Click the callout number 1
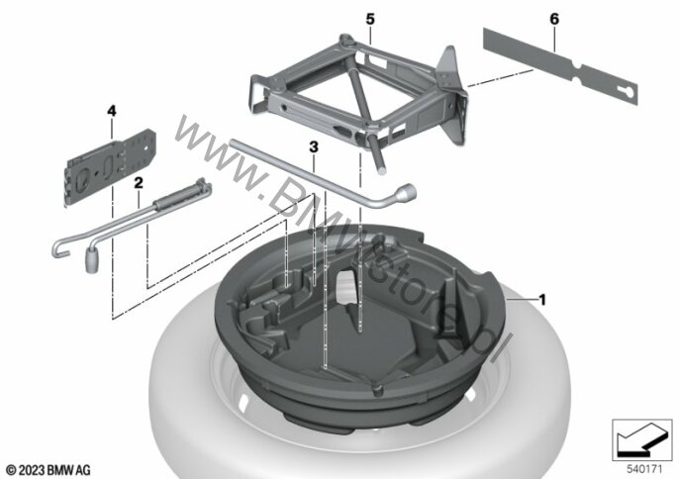pyautogui.click(x=542, y=299)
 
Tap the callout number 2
pyautogui.click(x=139, y=183)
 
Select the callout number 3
pyautogui.click(x=314, y=147)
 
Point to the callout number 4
pyautogui.click(x=112, y=111)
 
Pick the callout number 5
pyautogui.click(x=370, y=19)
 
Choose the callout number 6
pyautogui.click(x=554, y=19)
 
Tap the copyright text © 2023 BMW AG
pyautogui.click(x=48, y=470)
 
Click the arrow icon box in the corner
pyautogui.click(x=642, y=440)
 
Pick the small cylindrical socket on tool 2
pyautogui.click(x=92, y=260)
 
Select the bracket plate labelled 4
pyautogui.click(x=111, y=166)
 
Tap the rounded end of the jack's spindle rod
pyautogui.click(x=381, y=170)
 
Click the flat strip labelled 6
pyautogui.click(x=560, y=66)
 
